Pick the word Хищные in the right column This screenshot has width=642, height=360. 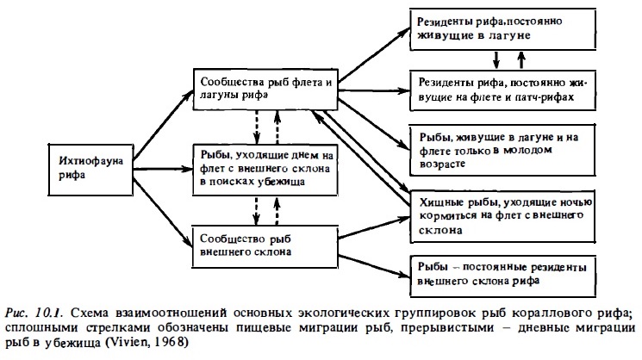coord(439,202)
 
